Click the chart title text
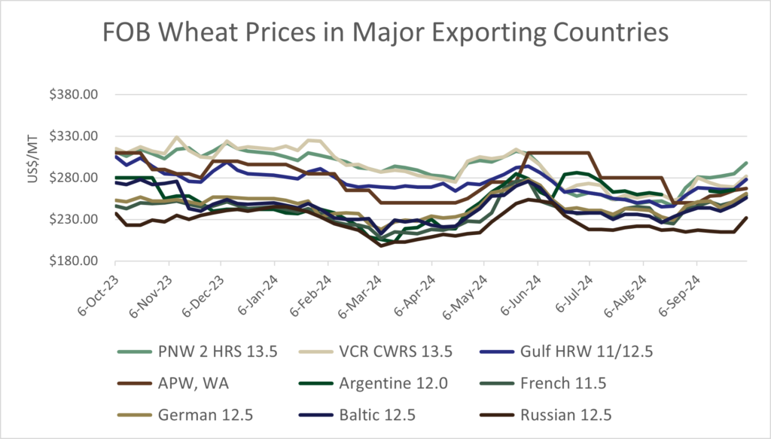click(x=385, y=32)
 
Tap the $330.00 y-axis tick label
click(x=84, y=136)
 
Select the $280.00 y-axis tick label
click(x=84, y=178)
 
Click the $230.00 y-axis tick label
click(x=84, y=219)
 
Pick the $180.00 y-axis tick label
click(x=84, y=261)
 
